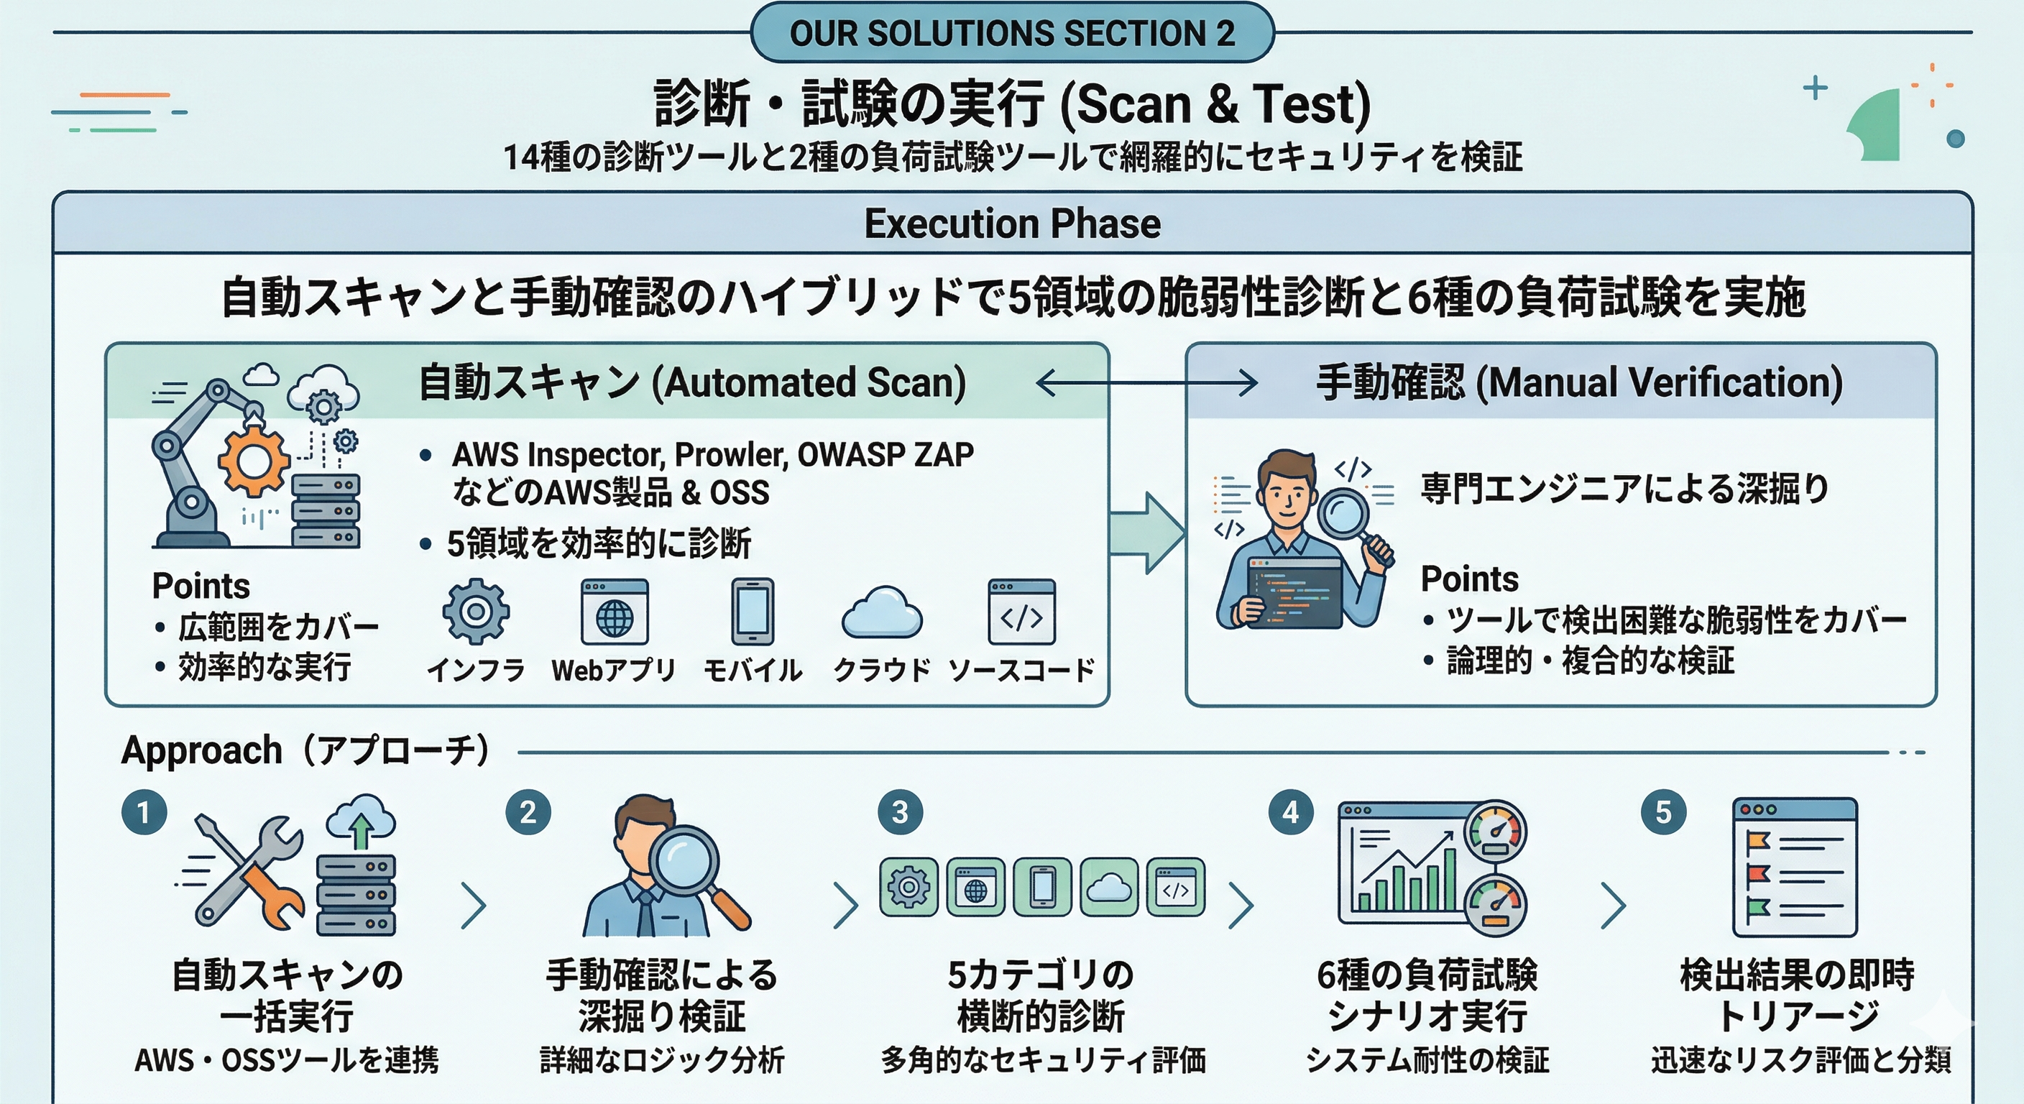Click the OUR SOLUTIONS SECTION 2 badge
click(1012, 33)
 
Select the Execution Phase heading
click(1012, 224)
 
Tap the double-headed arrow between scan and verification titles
click(1146, 384)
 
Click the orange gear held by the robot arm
click(253, 461)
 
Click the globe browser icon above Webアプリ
click(615, 612)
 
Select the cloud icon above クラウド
click(882, 612)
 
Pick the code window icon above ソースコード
click(1021, 612)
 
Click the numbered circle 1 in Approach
click(144, 811)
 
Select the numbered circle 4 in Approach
click(1291, 811)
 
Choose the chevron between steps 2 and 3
click(845, 905)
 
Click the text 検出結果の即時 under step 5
click(1797, 975)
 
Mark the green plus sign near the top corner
click(1815, 88)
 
